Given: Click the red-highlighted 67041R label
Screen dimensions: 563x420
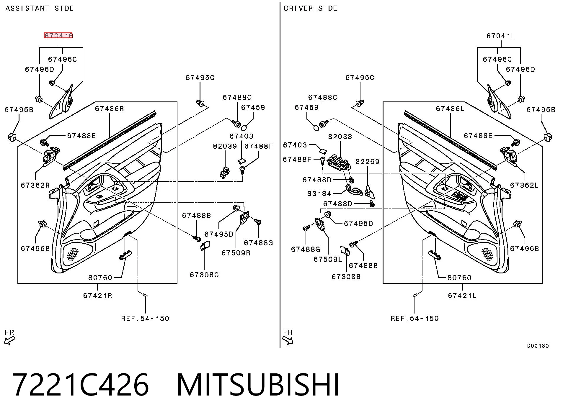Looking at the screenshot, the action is (58, 36).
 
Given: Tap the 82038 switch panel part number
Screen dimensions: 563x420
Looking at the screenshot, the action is (340, 137).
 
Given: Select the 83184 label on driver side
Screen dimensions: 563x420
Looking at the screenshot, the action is (319, 193).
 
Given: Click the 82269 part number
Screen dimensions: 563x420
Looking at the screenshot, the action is (367, 162).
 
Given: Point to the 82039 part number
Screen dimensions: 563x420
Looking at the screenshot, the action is (225, 146).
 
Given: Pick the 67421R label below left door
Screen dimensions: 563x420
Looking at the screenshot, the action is (97, 296).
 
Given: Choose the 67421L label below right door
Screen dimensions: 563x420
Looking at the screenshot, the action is (462, 296).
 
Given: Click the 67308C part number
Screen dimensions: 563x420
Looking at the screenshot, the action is (204, 275).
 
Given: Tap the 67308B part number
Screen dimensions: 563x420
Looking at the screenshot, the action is (346, 277).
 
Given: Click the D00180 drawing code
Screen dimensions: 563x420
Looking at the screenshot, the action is (538, 346).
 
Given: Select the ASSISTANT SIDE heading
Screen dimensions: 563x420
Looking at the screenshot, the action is (40, 8).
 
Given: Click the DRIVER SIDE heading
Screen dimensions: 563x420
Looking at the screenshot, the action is (311, 8).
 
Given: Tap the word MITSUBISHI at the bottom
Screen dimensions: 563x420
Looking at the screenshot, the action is (258, 385).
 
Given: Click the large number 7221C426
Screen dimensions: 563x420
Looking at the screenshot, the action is (80, 385).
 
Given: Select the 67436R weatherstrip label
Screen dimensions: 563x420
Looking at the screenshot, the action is (110, 109).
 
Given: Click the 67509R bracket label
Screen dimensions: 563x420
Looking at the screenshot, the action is (236, 253).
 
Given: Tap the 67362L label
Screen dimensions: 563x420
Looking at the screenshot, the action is (524, 185).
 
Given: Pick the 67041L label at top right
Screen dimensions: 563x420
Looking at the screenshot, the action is (500, 36).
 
